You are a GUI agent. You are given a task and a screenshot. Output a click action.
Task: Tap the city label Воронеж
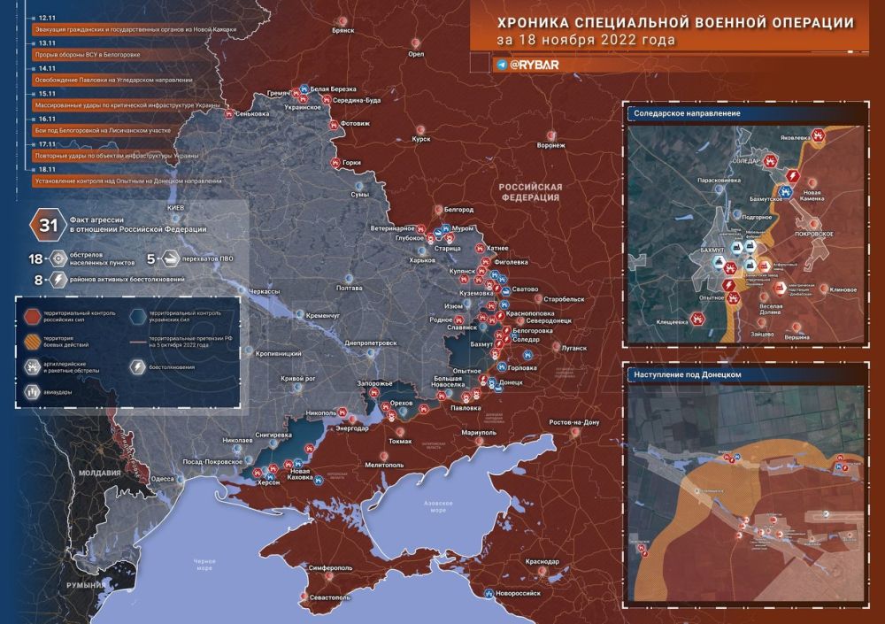coord(550,145)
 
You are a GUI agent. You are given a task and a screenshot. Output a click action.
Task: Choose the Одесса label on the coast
coord(163,478)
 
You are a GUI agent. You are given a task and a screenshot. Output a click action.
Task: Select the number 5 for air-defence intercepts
coord(150,258)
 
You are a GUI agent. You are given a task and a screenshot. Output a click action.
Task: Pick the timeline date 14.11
coord(46,67)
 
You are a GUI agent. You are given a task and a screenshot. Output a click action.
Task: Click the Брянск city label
coord(342,30)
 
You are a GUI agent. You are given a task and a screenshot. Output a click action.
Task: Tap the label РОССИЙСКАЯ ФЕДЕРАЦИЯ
coord(529,192)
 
